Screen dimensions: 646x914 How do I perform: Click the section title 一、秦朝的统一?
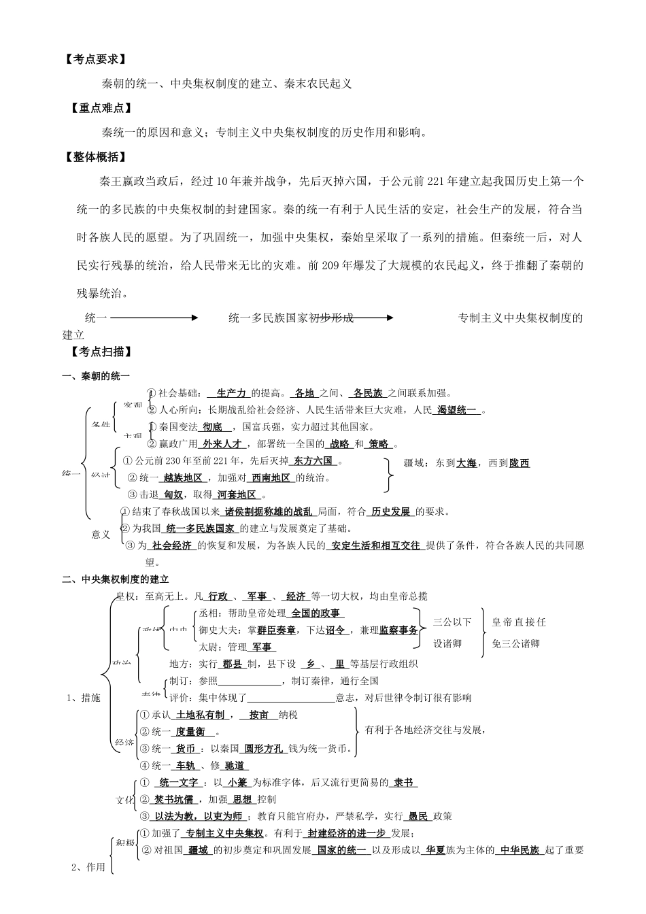(96, 376)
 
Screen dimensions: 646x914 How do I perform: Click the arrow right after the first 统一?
(154, 318)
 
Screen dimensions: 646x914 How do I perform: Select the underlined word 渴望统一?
(457, 410)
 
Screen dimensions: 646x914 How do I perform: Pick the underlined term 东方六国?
(313, 461)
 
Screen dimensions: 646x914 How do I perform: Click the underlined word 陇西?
(519, 463)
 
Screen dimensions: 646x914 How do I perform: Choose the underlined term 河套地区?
(238, 495)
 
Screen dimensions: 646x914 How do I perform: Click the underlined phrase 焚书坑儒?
(174, 800)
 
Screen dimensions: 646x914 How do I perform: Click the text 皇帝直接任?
(519, 622)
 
